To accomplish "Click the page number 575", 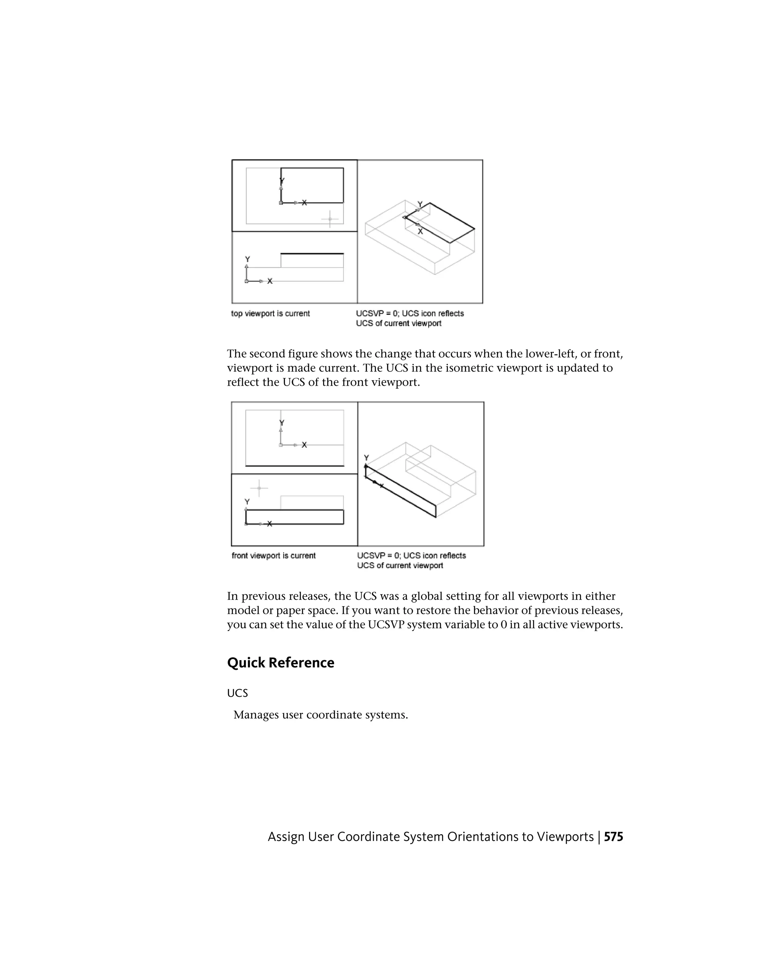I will point(613,837).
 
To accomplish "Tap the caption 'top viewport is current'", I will point(271,313).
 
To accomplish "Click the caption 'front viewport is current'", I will point(274,555).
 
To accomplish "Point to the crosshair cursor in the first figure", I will point(330,219).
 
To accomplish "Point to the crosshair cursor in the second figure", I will point(259,488).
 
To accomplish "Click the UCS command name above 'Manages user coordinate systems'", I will point(237,693).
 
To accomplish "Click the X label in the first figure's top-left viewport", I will point(305,203).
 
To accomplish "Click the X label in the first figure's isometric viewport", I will point(420,231).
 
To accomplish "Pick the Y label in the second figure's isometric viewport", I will point(366,458).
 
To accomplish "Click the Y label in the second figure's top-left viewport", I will point(282,423).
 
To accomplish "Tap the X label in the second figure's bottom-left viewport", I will point(269,523).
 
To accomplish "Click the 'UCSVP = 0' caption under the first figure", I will point(376,313).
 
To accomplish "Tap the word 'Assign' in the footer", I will point(286,837).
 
